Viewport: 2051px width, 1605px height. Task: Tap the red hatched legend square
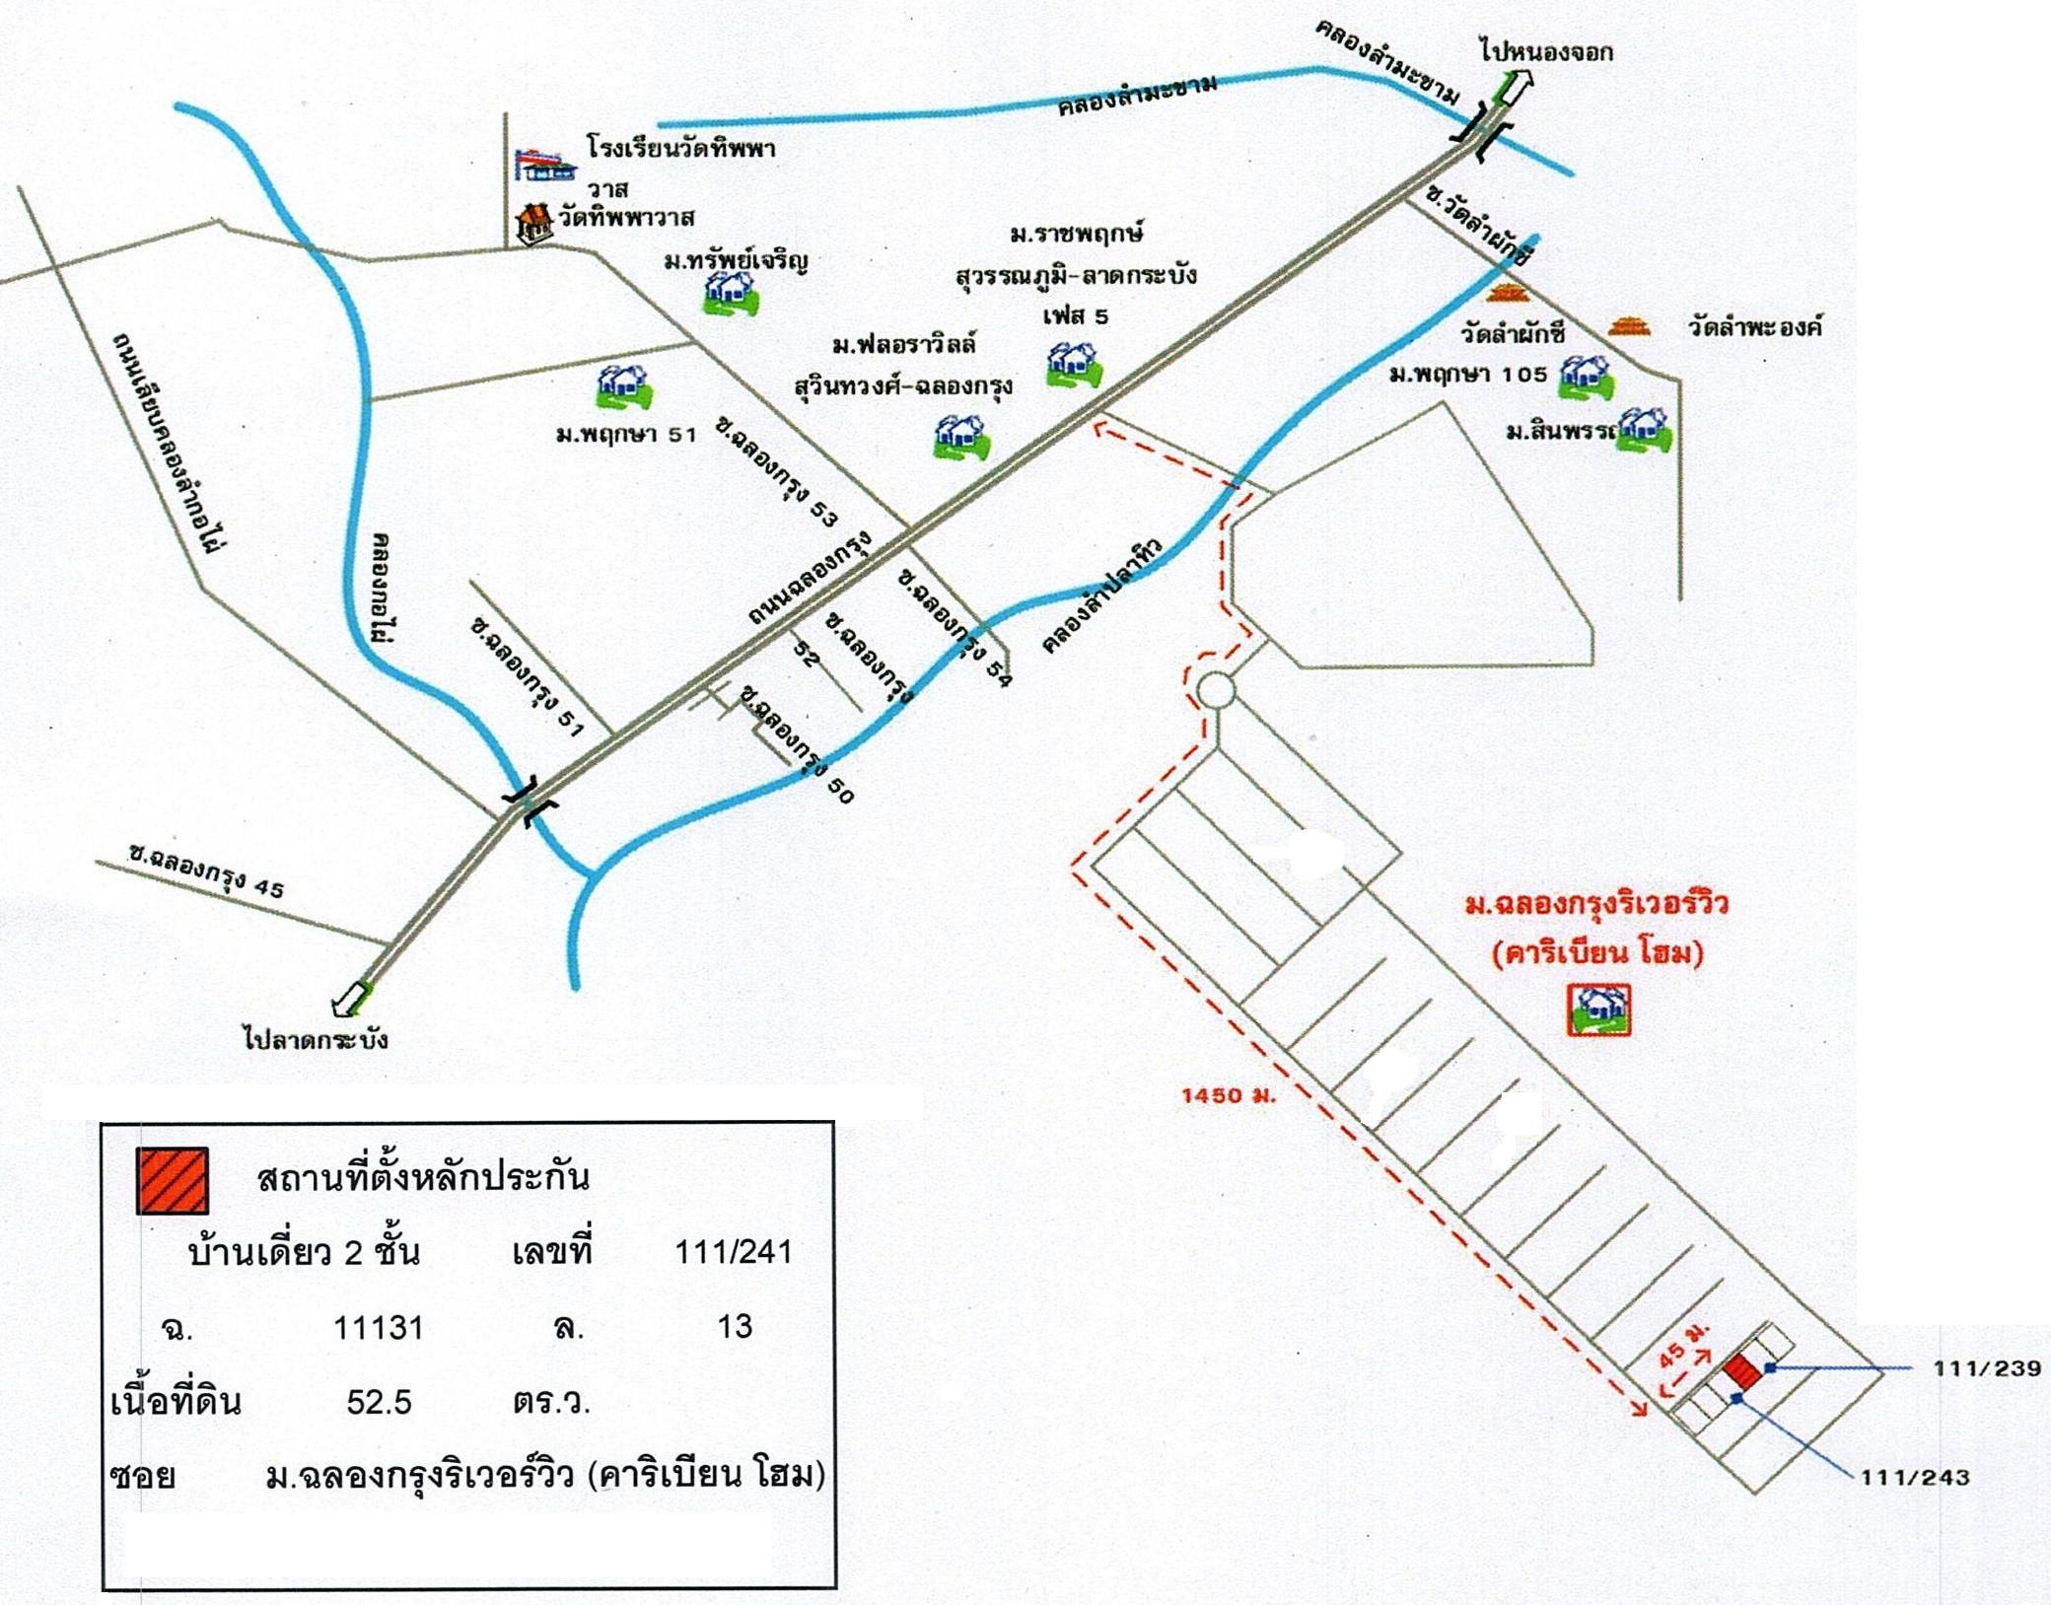(x=173, y=1180)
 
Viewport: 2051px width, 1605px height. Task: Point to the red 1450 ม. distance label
(x=1229, y=1094)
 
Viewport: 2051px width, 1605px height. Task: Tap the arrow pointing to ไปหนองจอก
(x=1514, y=90)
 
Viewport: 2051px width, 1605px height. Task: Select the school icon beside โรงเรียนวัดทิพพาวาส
(x=542, y=163)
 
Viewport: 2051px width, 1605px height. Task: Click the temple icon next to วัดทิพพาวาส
(x=534, y=223)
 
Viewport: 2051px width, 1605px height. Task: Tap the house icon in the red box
(x=1598, y=1010)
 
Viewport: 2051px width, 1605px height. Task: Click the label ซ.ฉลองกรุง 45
(x=206, y=872)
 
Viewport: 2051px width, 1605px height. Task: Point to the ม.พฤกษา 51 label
(x=626, y=433)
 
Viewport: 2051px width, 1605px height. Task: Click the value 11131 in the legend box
(x=379, y=1327)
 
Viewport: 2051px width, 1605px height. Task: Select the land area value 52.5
(x=379, y=1401)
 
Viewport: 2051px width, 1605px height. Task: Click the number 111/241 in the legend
(x=733, y=1252)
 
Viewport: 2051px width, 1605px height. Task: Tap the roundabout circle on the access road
(x=1216, y=690)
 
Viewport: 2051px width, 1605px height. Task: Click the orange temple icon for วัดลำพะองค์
(x=1628, y=326)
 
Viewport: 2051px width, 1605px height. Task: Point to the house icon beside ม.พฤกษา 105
(x=1586, y=377)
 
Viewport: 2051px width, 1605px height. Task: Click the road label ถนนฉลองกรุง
(x=810, y=579)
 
